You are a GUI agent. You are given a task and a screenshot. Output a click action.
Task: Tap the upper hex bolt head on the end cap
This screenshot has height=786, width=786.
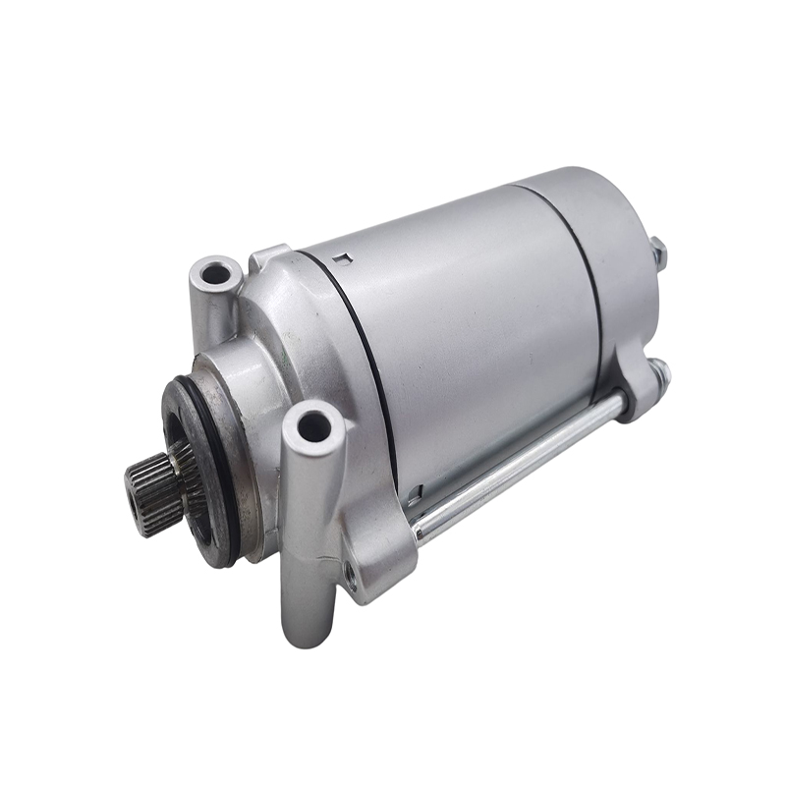659,253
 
